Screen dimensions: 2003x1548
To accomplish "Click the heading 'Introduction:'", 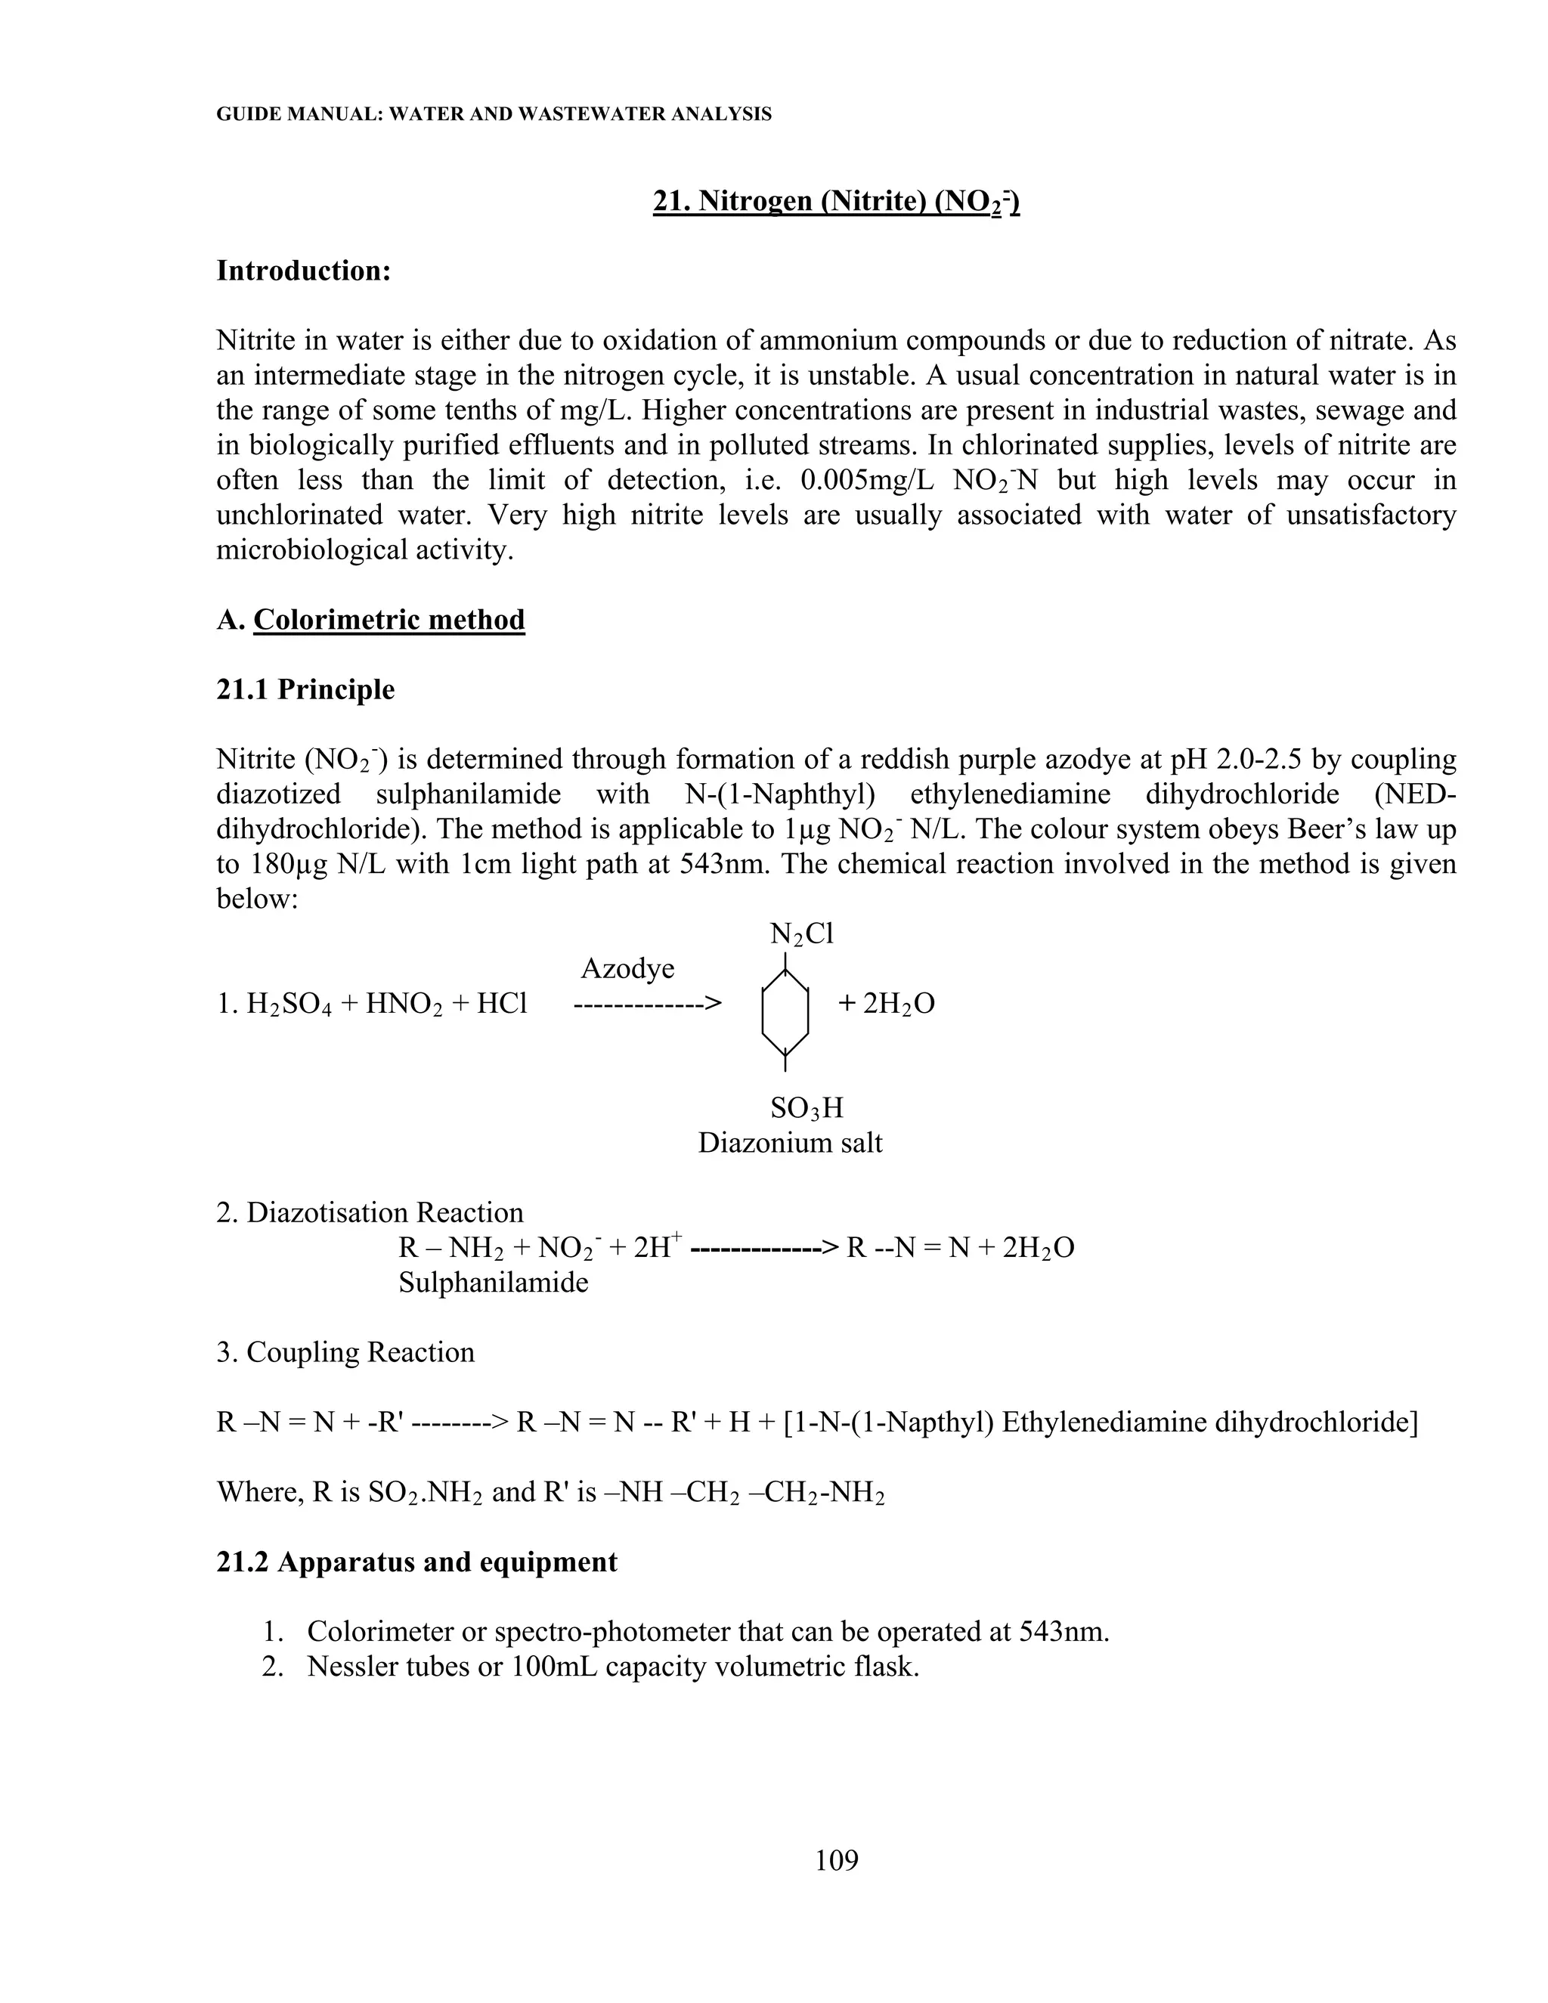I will (x=304, y=271).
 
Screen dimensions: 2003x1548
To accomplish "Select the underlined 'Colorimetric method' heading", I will (x=389, y=620).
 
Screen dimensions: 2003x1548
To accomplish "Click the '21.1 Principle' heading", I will (x=305, y=689).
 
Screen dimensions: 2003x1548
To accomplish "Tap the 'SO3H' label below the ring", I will (x=806, y=1109).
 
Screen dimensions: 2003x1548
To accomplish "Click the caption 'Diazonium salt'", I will (x=790, y=1144).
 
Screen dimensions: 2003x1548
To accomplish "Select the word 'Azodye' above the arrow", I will (x=627, y=970).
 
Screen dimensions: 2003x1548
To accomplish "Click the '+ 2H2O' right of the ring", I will (x=886, y=1005).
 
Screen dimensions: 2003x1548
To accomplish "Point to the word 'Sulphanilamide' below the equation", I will (x=494, y=1282).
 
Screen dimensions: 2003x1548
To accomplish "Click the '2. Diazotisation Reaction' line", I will (x=370, y=1212).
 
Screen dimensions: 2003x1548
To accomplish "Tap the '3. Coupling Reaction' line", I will (x=345, y=1353).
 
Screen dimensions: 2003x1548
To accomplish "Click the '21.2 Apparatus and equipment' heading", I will (x=416, y=1562).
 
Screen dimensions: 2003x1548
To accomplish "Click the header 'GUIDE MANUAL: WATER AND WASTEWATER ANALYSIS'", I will (x=494, y=115).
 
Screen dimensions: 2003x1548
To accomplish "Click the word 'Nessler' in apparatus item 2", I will (x=356, y=1667).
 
